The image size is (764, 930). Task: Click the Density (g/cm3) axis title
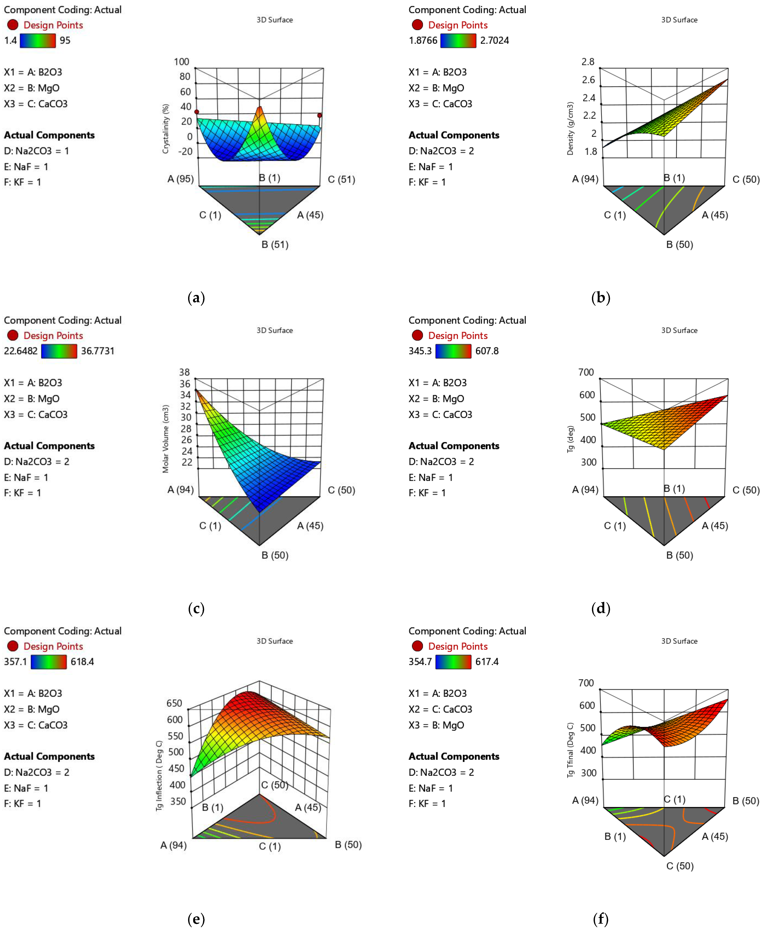[570, 128]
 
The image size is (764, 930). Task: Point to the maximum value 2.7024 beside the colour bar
[494, 41]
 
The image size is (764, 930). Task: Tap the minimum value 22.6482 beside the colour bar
[21, 351]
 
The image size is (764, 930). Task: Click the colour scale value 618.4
[82, 662]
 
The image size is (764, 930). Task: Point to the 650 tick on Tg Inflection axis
[174, 703]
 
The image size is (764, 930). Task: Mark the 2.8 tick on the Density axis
[588, 62]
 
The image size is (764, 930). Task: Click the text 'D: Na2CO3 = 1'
[37, 151]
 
